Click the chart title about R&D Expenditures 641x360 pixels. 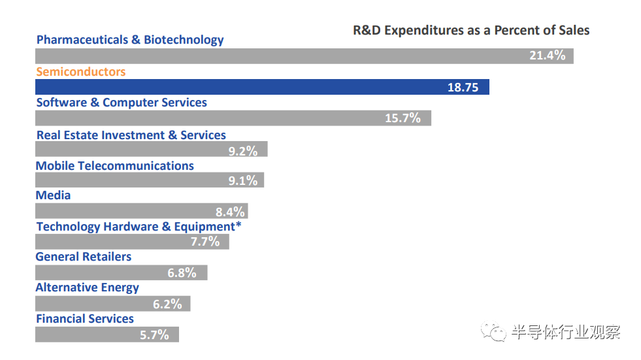(471, 31)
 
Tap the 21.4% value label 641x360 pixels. (547, 56)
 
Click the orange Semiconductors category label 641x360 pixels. (80, 71)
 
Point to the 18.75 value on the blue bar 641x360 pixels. (463, 88)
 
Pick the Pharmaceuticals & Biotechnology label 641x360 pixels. (130, 40)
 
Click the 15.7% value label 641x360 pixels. (403, 118)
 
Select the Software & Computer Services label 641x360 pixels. (122, 103)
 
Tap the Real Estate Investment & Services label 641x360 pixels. (131, 135)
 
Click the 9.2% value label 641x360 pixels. (242, 151)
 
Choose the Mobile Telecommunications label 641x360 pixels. (114, 166)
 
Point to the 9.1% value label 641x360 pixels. (242, 181)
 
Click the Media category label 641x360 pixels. (53, 195)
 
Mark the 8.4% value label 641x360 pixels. (230, 212)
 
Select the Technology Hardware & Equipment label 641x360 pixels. (139, 227)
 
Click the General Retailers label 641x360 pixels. (83, 257)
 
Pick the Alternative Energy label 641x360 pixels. (87, 287)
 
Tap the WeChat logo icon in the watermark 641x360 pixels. (494, 332)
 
